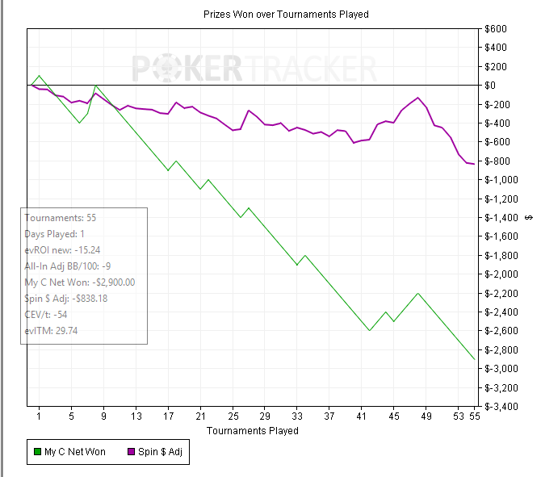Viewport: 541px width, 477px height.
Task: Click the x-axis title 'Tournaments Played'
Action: coord(252,430)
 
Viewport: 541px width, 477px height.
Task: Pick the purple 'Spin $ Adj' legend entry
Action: coord(156,452)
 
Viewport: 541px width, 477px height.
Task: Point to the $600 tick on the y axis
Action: coord(495,29)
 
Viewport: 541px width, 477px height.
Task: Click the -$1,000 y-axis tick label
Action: coord(500,180)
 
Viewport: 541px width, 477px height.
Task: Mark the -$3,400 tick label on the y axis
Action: coord(500,407)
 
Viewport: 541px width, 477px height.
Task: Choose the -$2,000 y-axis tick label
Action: coord(500,274)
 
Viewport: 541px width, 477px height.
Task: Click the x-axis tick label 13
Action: coord(136,417)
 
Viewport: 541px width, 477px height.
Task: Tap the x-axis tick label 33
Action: coord(297,417)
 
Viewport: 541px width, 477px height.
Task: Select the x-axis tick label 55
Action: coord(474,417)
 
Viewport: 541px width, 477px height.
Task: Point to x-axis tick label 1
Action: coord(40,417)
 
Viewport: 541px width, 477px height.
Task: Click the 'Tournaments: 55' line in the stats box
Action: coord(61,218)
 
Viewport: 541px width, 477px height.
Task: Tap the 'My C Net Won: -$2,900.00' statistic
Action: coord(80,282)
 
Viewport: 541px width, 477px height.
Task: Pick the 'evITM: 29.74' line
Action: coord(52,331)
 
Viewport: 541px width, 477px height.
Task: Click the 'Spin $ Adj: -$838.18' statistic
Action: coord(72,299)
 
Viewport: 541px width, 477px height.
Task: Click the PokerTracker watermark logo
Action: coord(254,68)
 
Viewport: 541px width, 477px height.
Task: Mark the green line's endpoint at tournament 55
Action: coord(474,359)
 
